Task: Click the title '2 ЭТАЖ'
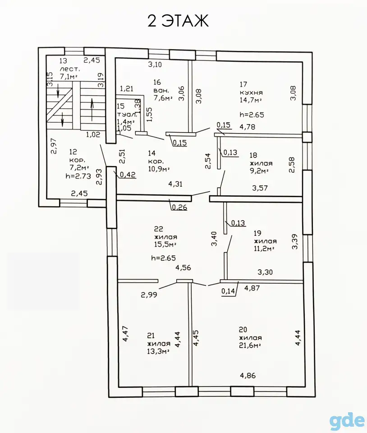tap(178, 21)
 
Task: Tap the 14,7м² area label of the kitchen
tap(251, 100)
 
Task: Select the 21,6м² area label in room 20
tap(250, 345)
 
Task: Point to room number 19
tap(257, 233)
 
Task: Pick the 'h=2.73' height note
tap(78, 176)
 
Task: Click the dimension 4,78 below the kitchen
tap(247, 127)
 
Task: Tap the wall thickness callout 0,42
tap(128, 175)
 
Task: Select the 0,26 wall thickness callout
tap(179, 207)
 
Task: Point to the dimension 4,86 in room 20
tap(248, 376)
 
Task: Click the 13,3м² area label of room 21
tap(158, 351)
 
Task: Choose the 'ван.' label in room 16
tap(161, 90)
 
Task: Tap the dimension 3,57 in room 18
tap(260, 188)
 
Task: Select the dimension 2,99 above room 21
tap(149, 295)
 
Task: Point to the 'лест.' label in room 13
tap(70, 69)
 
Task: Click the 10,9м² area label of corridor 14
tap(159, 169)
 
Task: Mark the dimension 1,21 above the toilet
tap(127, 89)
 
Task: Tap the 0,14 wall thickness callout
tap(228, 291)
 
